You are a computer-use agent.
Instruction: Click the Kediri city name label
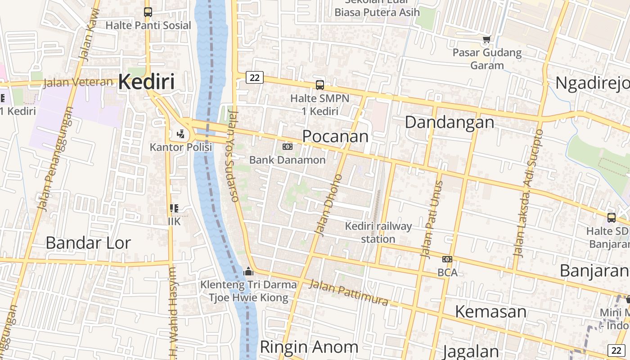(x=146, y=82)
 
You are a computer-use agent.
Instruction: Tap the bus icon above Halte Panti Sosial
(x=148, y=12)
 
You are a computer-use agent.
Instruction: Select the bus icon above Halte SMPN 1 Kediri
(x=320, y=85)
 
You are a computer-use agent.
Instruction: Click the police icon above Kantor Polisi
(x=180, y=134)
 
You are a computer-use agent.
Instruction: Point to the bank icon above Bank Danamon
(x=287, y=147)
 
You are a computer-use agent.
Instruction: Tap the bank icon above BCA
(x=447, y=259)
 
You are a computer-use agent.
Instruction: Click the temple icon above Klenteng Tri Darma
(x=248, y=271)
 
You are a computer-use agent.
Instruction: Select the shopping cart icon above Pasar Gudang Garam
(x=486, y=40)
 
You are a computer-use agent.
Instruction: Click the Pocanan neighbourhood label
(x=335, y=136)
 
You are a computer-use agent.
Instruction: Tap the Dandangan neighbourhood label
(x=449, y=122)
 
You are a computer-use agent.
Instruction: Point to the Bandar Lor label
(x=88, y=243)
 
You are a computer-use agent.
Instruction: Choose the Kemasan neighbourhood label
(x=490, y=311)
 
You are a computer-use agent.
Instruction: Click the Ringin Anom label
(x=309, y=347)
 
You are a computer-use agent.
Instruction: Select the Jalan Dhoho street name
(x=328, y=205)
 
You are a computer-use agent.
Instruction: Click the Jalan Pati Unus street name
(x=432, y=219)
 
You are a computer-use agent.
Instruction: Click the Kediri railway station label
(x=378, y=232)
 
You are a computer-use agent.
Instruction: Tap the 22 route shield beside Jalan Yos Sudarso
(x=254, y=77)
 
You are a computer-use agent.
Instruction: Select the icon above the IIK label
(x=174, y=208)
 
